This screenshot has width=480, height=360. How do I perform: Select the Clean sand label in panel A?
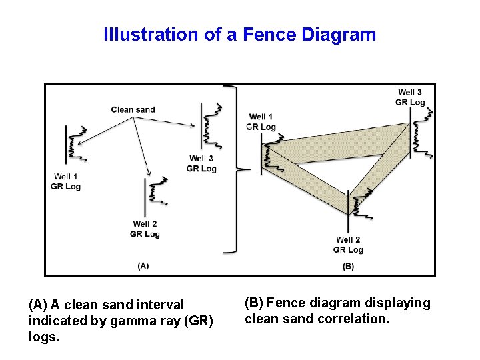click(x=133, y=109)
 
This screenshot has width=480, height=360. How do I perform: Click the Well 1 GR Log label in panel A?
click(x=65, y=181)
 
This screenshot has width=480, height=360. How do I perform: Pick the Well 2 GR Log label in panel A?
click(x=145, y=229)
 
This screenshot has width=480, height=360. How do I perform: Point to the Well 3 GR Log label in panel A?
click(x=201, y=163)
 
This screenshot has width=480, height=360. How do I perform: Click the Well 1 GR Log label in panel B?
click(x=261, y=122)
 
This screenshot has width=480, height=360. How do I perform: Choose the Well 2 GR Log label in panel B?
click(x=348, y=245)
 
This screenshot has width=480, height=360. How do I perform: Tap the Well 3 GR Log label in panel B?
click(x=410, y=97)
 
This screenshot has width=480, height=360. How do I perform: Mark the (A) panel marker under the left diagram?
click(x=143, y=265)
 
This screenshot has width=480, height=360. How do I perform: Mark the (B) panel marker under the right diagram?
click(x=348, y=267)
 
